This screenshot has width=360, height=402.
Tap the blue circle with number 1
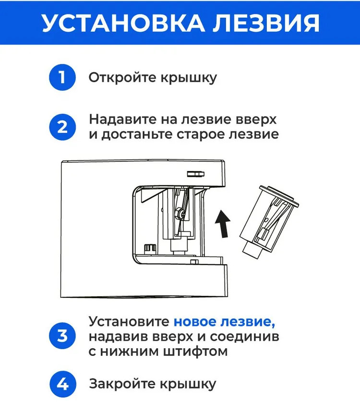[x=63, y=77]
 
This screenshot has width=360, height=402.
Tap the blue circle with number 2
[x=63, y=127]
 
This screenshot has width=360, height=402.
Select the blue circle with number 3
[x=63, y=335]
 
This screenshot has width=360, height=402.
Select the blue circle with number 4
[x=63, y=384]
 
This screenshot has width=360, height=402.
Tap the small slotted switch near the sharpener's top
[x=194, y=173]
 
